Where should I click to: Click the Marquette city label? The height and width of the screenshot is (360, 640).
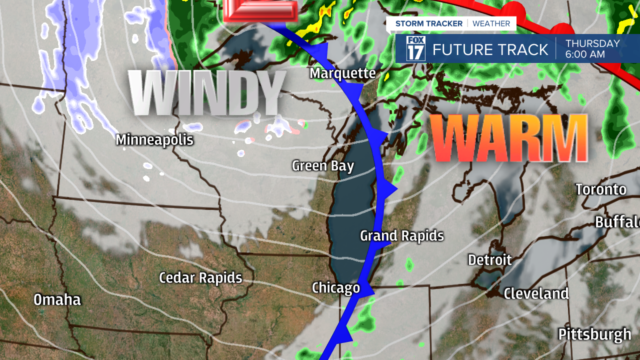[x=342, y=73]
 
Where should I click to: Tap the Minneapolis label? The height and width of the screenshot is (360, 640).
[x=154, y=139]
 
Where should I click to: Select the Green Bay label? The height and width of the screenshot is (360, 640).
[x=323, y=165]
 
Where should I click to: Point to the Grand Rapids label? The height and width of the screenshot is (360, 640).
[x=402, y=235]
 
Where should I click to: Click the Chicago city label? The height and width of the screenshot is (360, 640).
[x=336, y=287]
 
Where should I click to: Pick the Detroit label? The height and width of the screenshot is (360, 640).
[x=490, y=260]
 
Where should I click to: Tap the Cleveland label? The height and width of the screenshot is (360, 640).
[x=536, y=293]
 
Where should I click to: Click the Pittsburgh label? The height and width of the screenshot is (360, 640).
[x=594, y=334]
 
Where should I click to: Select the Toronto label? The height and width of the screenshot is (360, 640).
[x=600, y=189]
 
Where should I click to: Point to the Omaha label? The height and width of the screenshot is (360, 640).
[x=57, y=300]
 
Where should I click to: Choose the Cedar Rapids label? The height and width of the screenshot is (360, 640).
[x=200, y=278]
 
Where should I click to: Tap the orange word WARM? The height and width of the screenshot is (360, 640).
[x=509, y=137]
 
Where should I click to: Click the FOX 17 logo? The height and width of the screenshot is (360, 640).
[x=415, y=49]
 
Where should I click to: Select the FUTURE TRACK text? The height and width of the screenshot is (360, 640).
[x=490, y=49]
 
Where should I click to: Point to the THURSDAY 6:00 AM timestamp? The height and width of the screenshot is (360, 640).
[x=592, y=49]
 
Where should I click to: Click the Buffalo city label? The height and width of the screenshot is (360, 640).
[x=617, y=222]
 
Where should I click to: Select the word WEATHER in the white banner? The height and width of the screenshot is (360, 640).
[x=491, y=23]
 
